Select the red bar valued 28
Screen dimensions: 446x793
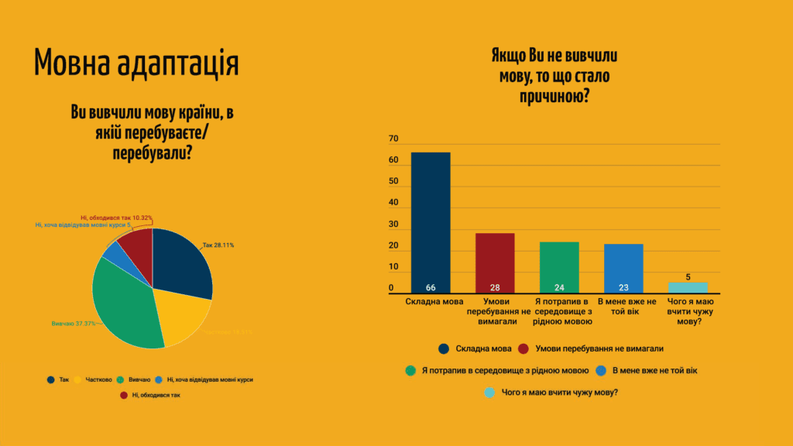tap(495, 262)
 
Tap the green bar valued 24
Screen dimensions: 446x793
tap(559, 267)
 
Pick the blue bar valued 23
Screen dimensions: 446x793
tap(623, 268)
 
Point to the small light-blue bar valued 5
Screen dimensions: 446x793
tap(688, 287)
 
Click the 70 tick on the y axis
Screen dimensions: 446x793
tap(393, 139)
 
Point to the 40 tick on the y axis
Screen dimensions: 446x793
tap(393, 204)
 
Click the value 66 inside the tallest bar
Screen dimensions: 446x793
tap(431, 288)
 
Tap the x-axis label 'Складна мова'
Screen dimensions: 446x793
tap(431, 301)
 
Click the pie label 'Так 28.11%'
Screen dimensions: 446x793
tap(218, 245)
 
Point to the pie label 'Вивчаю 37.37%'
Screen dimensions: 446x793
tap(74, 323)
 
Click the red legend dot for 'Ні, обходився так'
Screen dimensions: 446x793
tap(125, 395)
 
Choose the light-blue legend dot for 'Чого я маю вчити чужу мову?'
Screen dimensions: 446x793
tap(489, 393)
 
